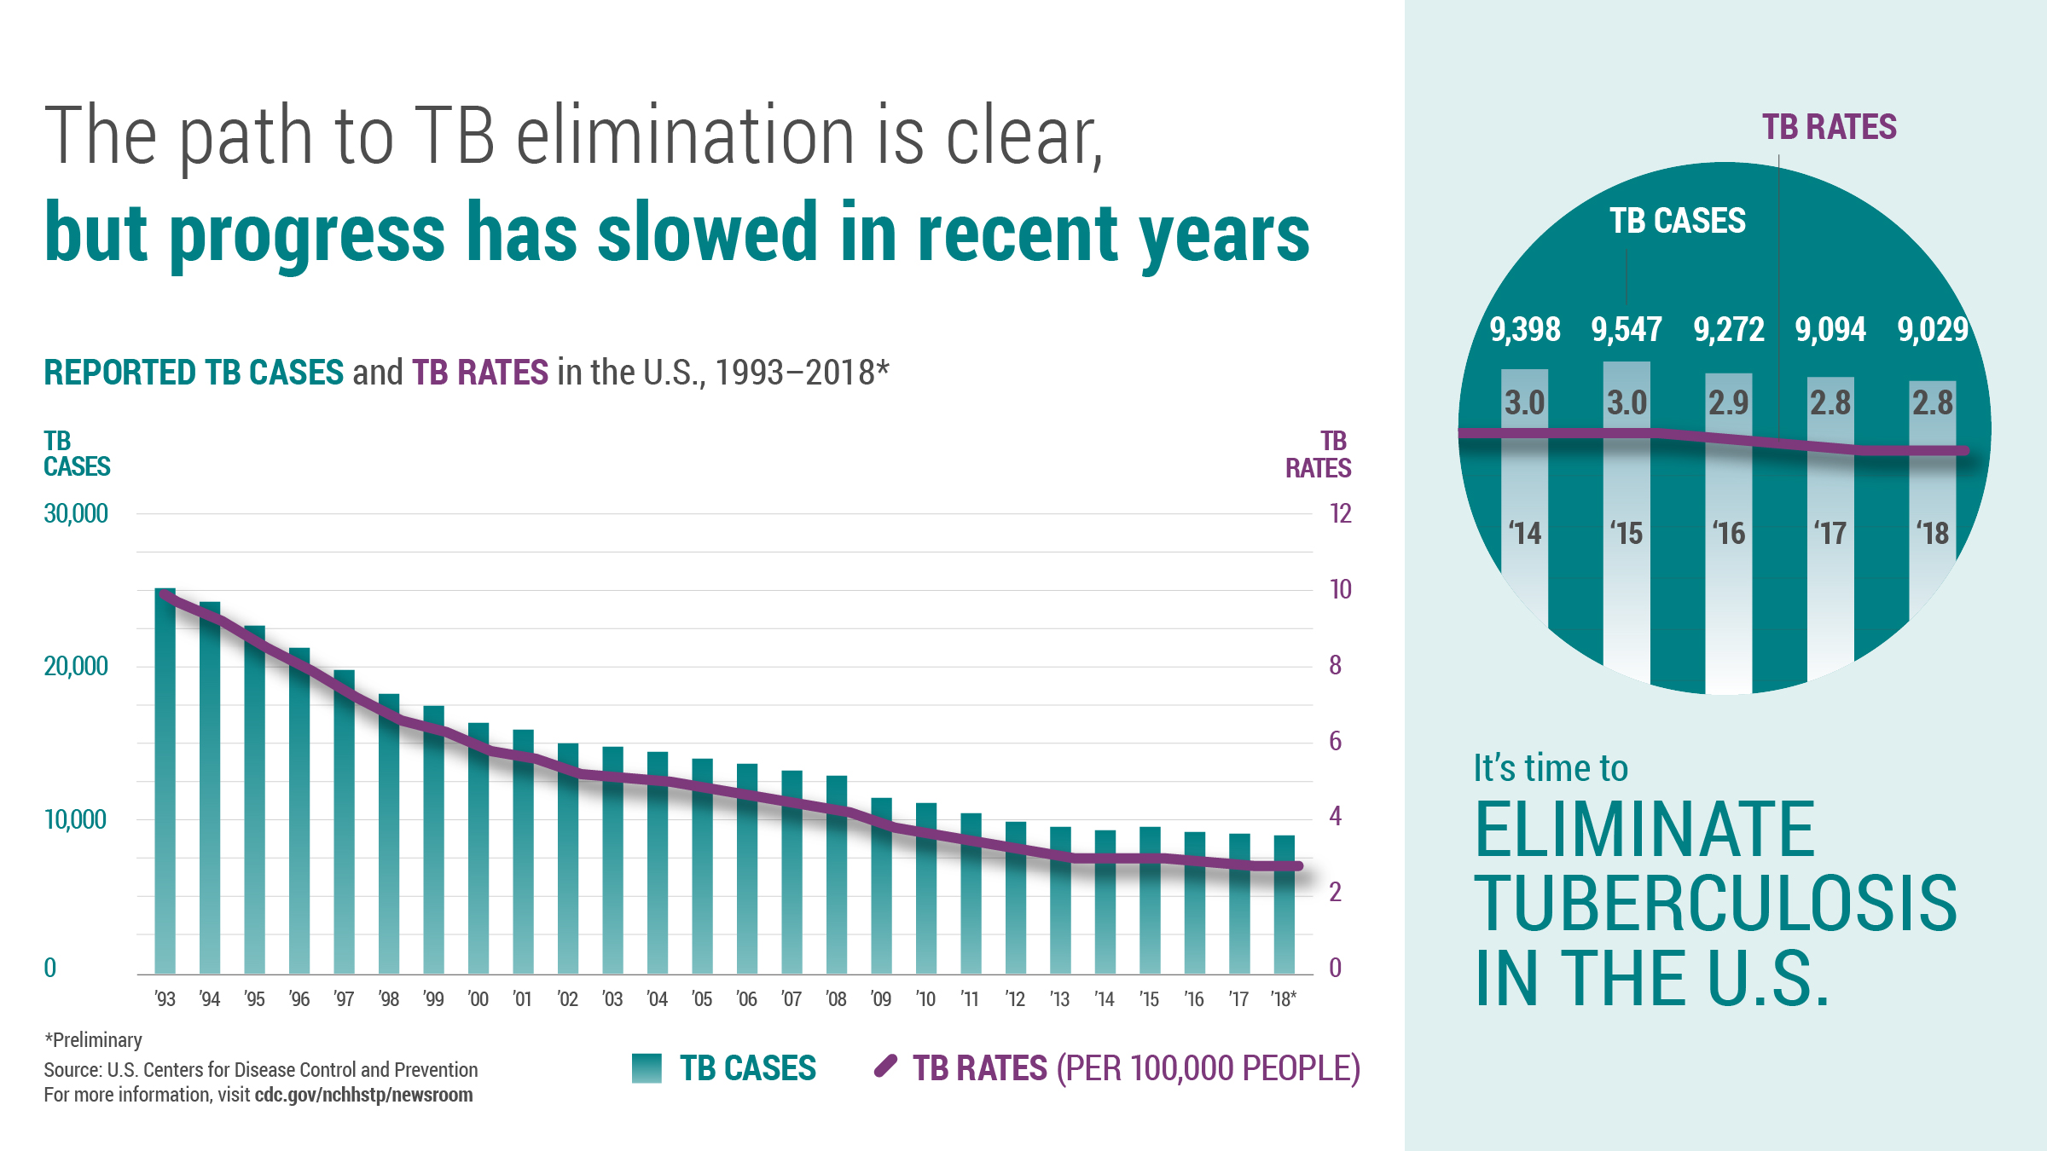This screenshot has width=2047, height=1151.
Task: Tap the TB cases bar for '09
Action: [881, 887]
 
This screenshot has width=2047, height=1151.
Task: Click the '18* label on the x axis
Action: [1283, 998]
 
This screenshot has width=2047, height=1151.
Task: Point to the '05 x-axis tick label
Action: [701, 998]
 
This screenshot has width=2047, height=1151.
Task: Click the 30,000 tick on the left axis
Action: [76, 513]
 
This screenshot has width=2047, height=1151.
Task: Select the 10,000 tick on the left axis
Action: [76, 819]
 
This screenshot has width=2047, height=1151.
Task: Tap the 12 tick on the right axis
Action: [1340, 513]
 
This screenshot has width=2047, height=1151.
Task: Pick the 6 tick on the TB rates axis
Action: [1335, 741]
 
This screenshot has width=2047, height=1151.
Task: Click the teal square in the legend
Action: [647, 1067]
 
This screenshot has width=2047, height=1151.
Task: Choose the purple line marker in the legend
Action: [885, 1066]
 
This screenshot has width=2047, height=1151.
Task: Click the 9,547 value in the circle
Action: [1627, 329]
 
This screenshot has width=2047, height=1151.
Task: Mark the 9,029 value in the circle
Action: [1932, 329]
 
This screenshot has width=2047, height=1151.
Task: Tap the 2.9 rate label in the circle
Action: [1728, 402]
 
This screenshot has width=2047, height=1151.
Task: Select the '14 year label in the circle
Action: [1524, 534]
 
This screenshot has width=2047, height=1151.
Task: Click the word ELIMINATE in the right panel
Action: [1644, 829]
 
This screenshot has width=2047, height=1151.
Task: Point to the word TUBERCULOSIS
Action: [1715, 903]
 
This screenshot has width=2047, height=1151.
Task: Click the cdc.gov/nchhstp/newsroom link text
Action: [363, 1095]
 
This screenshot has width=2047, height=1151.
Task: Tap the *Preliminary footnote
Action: [93, 1040]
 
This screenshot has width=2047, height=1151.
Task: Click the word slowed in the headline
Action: [707, 233]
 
